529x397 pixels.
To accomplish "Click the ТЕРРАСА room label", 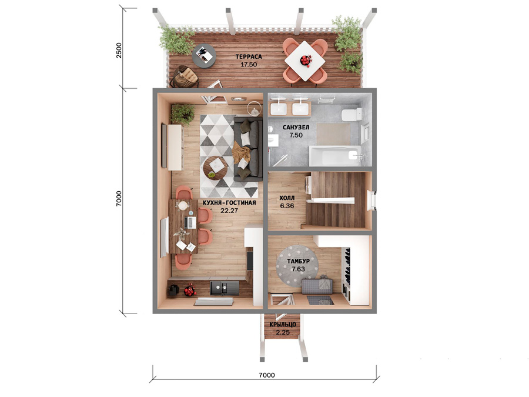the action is tap(249, 56).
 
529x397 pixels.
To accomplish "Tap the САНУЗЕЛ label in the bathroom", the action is tap(296, 127).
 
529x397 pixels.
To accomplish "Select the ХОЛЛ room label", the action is tap(287, 198).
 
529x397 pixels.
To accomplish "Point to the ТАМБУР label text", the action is tap(298, 261).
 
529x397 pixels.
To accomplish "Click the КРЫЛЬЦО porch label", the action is tap(283, 325).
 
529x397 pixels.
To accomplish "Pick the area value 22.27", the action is tap(229, 211).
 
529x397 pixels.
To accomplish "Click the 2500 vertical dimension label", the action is tap(119, 51).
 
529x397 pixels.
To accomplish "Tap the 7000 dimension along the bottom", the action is tap(266, 375).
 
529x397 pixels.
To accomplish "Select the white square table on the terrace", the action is tap(305, 61).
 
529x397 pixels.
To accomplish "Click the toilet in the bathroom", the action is tap(351, 115).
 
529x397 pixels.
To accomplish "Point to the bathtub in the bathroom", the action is tap(335, 156).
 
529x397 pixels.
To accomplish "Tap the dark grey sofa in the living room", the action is tap(248, 149).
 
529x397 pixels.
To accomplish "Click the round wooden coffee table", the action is tap(216, 168).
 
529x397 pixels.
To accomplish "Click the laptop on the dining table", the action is tap(190, 222).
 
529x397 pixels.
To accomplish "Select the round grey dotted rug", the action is tap(297, 266).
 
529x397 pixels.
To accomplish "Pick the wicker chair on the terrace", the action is tap(184, 76).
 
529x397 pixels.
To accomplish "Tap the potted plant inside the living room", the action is tap(183, 114).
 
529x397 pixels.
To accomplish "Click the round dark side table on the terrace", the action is tap(204, 56).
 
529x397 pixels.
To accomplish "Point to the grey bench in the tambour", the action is tap(317, 286).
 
